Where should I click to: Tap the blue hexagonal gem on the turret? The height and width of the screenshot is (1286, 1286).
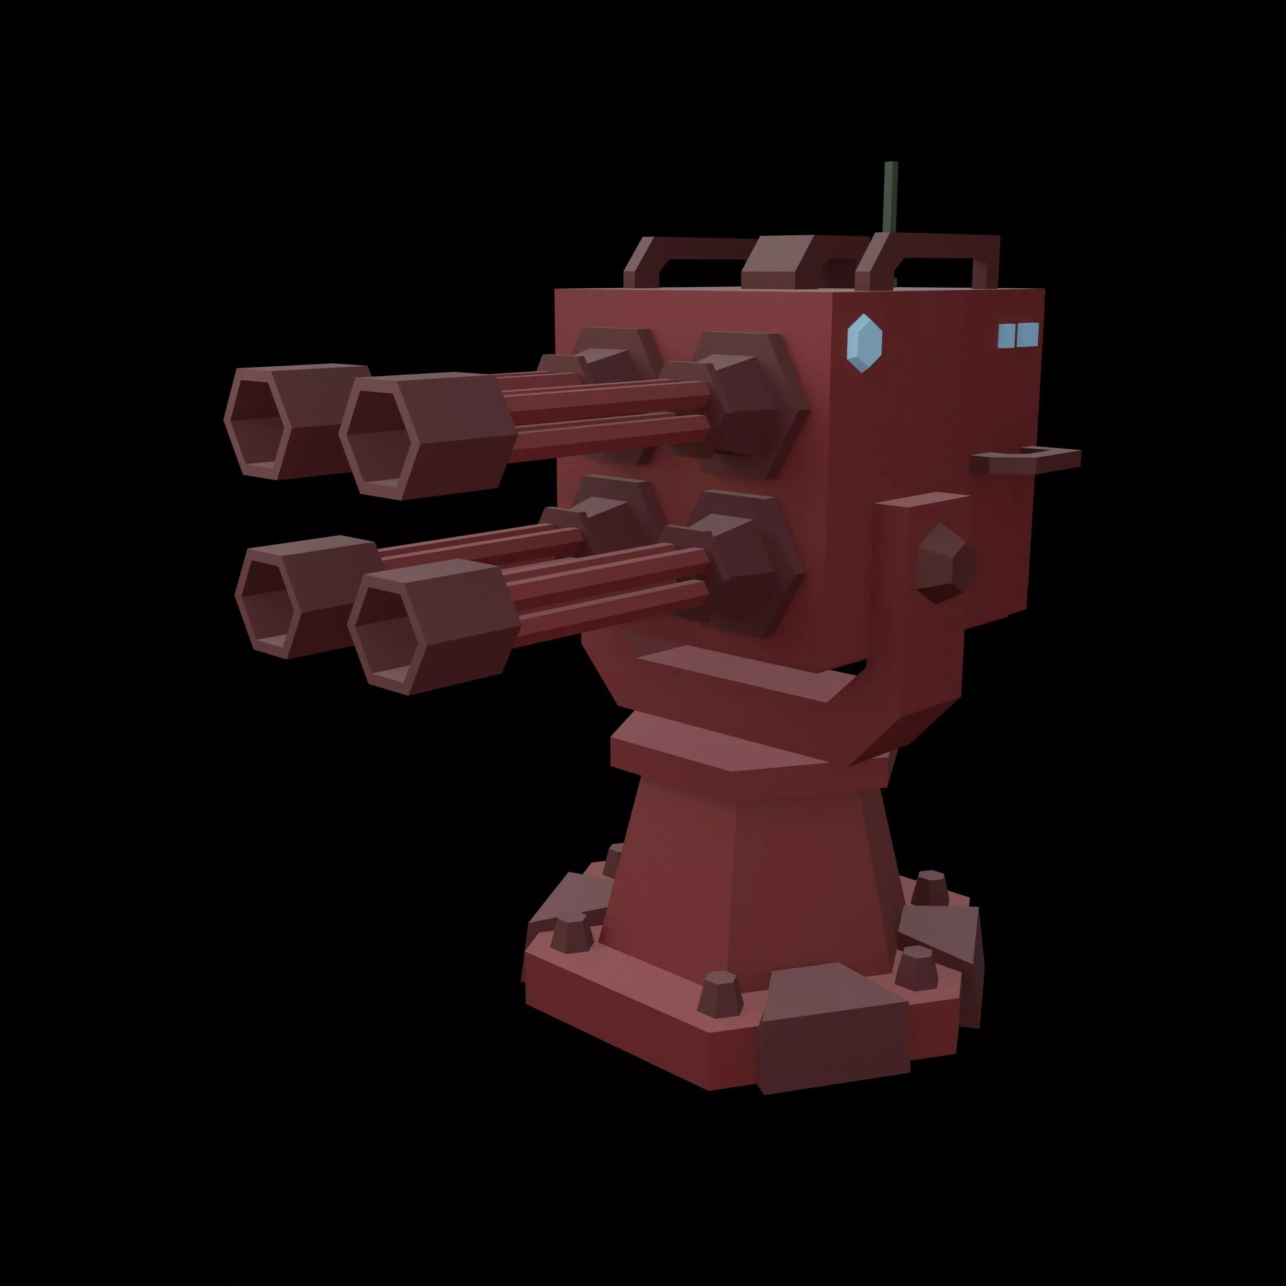[x=864, y=343]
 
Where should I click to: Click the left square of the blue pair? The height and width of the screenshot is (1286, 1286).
[x=1006, y=336]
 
